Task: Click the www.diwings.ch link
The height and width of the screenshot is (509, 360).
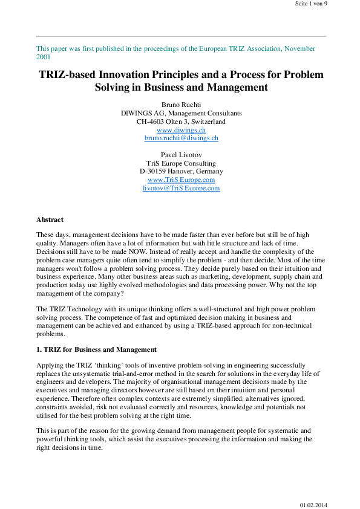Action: pyautogui.click(x=181, y=130)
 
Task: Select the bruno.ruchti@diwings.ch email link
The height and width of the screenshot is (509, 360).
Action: pyautogui.click(x=181, y=138)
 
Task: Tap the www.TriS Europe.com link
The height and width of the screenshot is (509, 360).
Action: pyautogui.click(x=181, y=180)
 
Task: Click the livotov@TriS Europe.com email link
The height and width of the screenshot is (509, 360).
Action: pyautogui.click(x=181, y=188)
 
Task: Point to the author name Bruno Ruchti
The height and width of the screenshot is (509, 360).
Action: pyautogui.click(x=181, y=105)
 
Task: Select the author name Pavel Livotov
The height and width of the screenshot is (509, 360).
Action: pyautogui.click(x=181, y=155)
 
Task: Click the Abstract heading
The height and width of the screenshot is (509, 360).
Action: pyautogui.click(x=50, y=219)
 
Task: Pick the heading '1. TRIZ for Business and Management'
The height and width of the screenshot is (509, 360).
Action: pyautogui.click(x=96, y=349)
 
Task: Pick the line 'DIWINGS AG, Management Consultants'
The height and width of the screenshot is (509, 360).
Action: pyautogui.click(x=181, y=113)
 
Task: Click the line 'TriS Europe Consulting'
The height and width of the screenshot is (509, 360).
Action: pyautogui.click(x=181, y=163)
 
